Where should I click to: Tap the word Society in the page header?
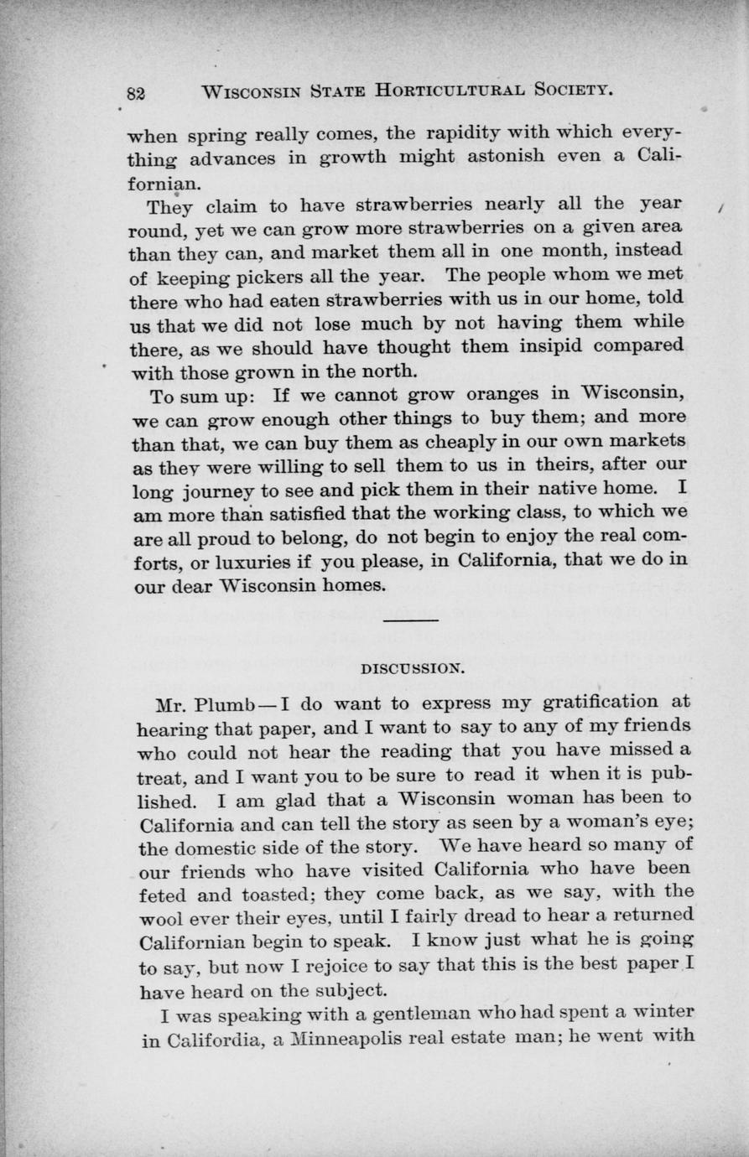point(571,91)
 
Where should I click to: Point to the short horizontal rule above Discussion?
point(410,620)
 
